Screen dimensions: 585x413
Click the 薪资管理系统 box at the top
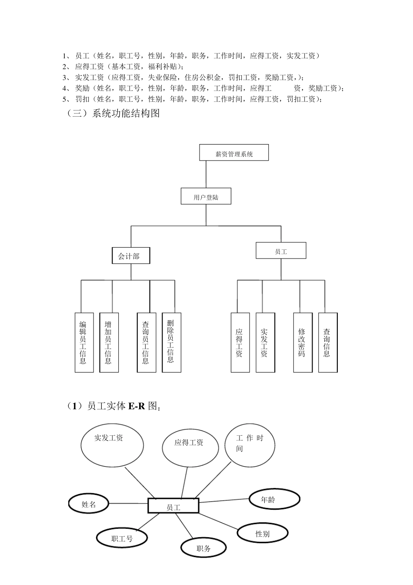click(234, 153)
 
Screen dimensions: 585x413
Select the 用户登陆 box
click(206, 197)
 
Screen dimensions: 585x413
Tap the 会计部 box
click(131, 256)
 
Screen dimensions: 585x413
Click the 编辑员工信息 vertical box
click(84, 342)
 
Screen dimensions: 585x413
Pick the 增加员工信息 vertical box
click(109, 342)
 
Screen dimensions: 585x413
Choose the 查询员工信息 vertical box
click(147, 342)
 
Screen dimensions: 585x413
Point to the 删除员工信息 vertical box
click(171, 342)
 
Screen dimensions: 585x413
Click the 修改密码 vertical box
click(303, 342)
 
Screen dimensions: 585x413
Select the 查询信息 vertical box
click(328, 342)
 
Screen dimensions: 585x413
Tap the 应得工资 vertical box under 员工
click(240, 342)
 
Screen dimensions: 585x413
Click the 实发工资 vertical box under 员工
click(265, 342)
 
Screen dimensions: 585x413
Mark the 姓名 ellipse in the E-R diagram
click(89, 504)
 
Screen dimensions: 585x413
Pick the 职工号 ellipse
click(122, 538)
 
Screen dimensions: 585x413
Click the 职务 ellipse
click(203, 548)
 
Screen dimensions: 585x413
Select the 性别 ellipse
click(263, 533)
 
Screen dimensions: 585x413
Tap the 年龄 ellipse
click(274, 499)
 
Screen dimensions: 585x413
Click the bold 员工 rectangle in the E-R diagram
click(173, 506)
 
